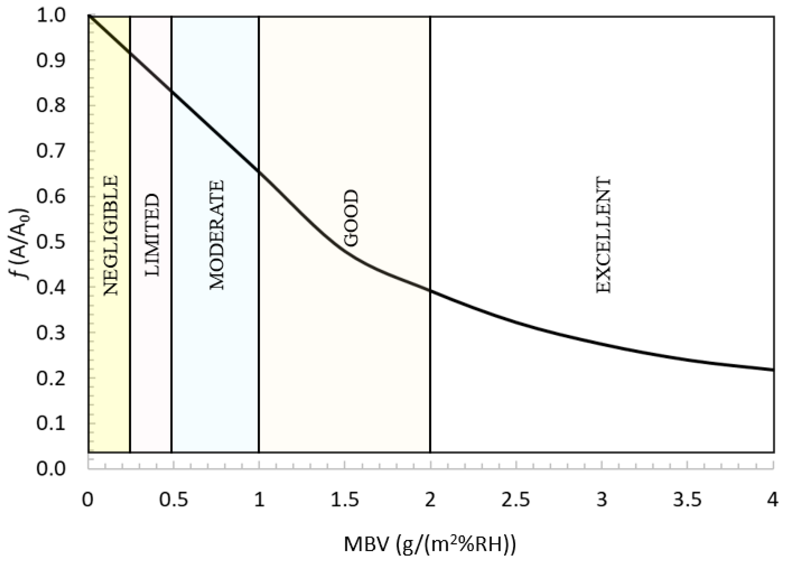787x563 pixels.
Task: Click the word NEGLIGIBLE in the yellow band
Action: point(111,236)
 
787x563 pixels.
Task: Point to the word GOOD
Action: point(351,218)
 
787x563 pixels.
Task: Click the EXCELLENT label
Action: point(603,236)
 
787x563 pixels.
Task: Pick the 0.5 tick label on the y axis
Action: point(51,241)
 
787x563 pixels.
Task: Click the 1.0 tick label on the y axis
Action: point(51,16)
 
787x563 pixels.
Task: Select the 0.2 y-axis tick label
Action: point(51,378)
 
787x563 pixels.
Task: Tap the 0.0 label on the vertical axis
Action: point(51,469)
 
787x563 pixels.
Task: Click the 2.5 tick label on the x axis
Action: point(516,500)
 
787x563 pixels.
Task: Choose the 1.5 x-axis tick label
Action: point(345,500)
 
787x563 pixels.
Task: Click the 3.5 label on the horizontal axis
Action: point(687,500)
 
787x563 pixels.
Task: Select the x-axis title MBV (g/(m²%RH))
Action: point(430,544)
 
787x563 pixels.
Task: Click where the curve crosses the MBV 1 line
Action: point(259,171)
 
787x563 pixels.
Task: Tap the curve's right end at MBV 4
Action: point(773,370)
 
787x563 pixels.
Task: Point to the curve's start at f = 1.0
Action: point(89,16)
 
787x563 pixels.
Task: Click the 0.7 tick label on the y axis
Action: point(51,151)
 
